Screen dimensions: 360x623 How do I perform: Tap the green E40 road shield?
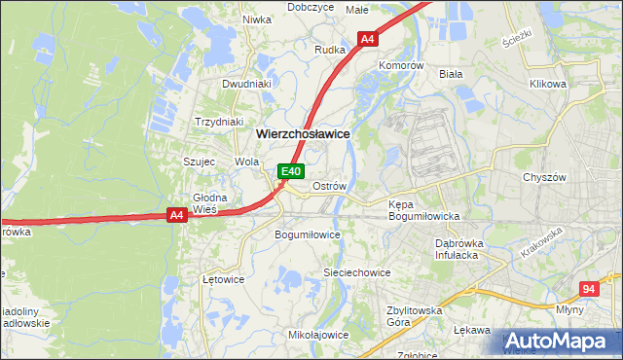pyautogui.click(x=289, y=171)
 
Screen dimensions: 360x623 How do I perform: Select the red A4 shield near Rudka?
pyautogui.click(x=367, y=39)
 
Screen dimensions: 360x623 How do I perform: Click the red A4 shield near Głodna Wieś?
pyautogui.click(x=176, y=215)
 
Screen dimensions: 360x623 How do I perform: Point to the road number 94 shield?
pyautogui.click(x=588, y=289)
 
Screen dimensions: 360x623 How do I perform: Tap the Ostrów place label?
pyautogui.click(x=328, y=185)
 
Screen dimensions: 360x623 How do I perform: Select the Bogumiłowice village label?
pyautogui.click(x=308, y=234)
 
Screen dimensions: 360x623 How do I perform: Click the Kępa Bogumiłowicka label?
pyautogui.click(x=423, y=211)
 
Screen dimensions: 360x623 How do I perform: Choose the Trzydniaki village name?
pyautogui.click(x=218, y=122)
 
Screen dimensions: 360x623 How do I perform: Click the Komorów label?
pyautogui.click(x=402, y=65)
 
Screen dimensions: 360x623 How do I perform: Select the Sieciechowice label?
pyautogui.click(x=356, y=273)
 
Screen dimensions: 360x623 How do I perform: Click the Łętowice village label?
pyautogui.click(x=223, y=278)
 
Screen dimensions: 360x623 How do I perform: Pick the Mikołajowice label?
pyautogui.click(x=318, y=335)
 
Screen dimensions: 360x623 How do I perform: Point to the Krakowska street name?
pyautogui.click(x=541, y=242)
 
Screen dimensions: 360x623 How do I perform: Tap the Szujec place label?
pyautogui.click(x=199, y=162)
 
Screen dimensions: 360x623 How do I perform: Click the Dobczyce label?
pyautogui.click(x=311, y=7)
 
